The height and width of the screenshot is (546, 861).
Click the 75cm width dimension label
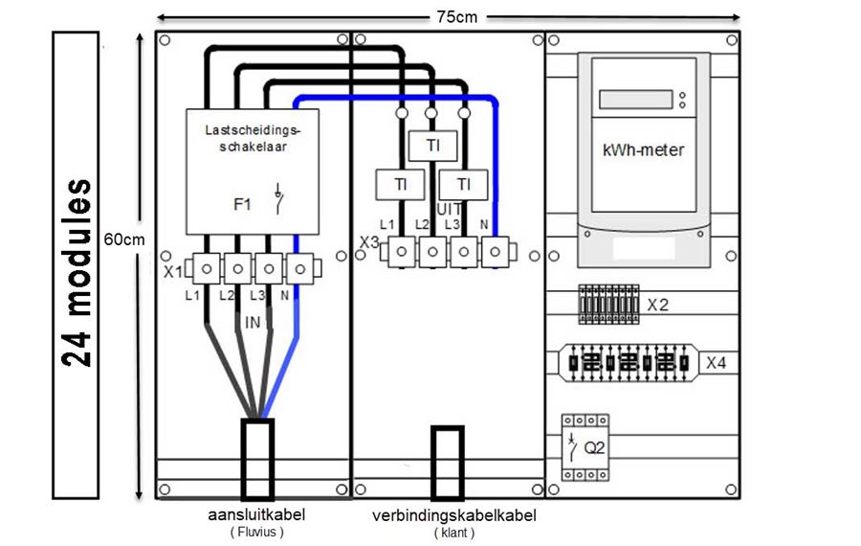pyautogui.click(x=457, y=17)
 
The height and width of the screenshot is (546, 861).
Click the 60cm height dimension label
pyautogui.click(x=124, y=239)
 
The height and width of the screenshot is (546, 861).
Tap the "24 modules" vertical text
pyautogui.click(x=77, y=273)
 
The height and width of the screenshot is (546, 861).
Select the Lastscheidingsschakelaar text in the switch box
pyautogui.click(x=254, y=139)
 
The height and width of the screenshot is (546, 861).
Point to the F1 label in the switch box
pyautogui.click(x=242, y=205)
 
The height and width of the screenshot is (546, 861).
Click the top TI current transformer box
pyautogui.click(x=433, y=146)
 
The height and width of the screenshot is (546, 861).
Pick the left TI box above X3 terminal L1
pyautogui.click(x=400, y=185)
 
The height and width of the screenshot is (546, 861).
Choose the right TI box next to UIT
pyautogui.click(x=463, y=185)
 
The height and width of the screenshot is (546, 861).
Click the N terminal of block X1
pyautogui.click(x=300, y=269)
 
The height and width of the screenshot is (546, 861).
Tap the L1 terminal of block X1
pyautogui.click(x=207, y=269)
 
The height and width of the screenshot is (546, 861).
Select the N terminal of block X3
pyautogui.click(x=496, y=252)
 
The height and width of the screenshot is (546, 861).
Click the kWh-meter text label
pyautogui.click(x=644, y=150)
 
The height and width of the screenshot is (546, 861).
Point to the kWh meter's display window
pyautogui.click(x=636, y=99)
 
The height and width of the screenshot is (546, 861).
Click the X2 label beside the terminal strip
pyautogui.click(x=658, y=305)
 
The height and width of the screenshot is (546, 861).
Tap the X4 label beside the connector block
pyautogui.click(x=716, y=363)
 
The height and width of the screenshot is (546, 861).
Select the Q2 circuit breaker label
pyautogui.click(x=594, y=448)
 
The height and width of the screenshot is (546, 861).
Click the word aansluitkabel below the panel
pyautogui.click(x=256, y=514)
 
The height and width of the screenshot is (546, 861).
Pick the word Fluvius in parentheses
pyautogui.click(x=257, y=532)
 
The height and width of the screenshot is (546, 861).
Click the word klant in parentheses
pyautogui.click(x=454, y=533)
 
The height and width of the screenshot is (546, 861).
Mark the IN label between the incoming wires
pyautogui.click(x=253, y=322)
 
